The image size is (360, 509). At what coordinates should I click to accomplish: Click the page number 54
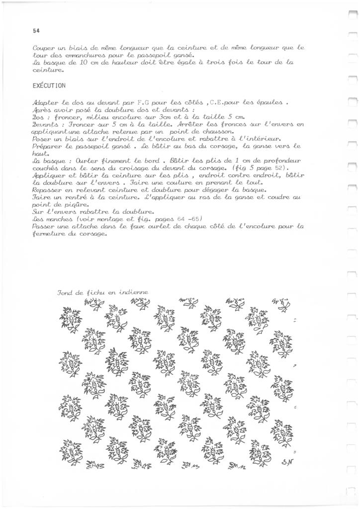tap(36, 30)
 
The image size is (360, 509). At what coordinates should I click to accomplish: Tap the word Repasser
tap(48, 190)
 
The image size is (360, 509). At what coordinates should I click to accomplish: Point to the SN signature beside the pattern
tap(285, 460)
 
